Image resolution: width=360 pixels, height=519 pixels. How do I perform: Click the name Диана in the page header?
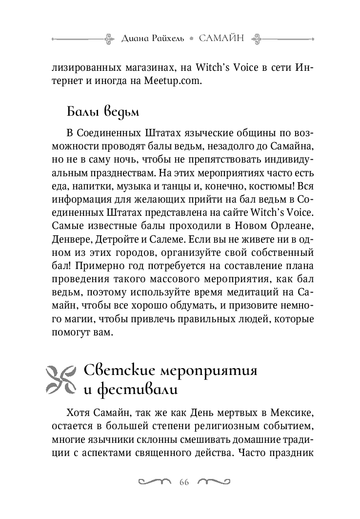coord(135,38)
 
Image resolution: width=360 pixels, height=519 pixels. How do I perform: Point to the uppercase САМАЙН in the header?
coord(222,38)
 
